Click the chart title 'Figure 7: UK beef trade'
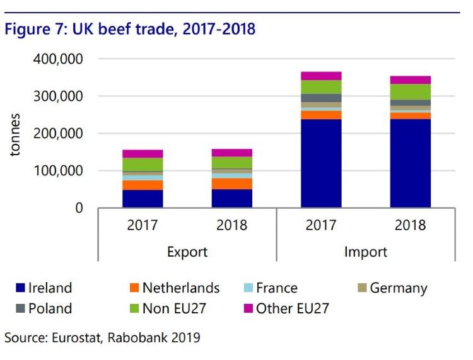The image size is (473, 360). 130,29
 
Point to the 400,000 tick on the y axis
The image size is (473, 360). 63,59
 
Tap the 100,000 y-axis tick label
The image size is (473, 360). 63,171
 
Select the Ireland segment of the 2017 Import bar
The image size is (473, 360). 321,163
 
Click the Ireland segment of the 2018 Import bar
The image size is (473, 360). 410,163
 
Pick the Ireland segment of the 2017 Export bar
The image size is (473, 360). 143,199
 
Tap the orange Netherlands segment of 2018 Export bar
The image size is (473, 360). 231,183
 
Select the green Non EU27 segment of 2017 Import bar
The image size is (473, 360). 321,87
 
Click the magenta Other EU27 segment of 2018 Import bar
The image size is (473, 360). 410,79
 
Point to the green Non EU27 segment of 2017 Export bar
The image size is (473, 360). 143,164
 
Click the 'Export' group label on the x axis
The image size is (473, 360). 187,252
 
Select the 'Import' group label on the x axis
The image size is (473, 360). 365,252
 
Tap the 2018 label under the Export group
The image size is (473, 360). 231,225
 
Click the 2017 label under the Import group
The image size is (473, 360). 321,225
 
